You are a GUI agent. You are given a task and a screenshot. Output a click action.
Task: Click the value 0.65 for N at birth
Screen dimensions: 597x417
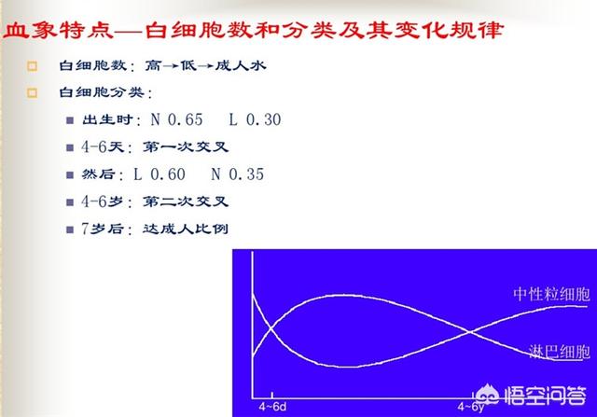186,119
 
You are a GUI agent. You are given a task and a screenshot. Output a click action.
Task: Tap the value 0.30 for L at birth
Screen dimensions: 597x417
264,119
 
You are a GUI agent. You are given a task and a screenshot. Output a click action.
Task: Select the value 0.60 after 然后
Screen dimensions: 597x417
168,174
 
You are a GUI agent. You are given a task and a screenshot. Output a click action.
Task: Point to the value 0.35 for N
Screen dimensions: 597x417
246,174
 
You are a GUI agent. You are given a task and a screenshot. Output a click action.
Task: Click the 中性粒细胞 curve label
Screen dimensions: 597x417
551,295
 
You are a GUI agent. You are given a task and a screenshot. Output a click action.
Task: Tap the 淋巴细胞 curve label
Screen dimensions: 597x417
560,352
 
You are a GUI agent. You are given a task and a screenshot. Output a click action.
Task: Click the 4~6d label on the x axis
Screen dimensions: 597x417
272,407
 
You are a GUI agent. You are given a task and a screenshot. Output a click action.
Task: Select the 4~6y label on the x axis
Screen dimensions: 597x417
471,407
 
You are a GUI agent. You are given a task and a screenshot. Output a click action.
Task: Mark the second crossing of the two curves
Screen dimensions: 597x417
470,332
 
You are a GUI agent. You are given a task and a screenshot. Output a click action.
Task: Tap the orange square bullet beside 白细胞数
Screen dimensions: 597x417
32,66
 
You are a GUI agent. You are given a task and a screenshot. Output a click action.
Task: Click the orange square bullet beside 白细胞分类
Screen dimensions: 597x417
32,93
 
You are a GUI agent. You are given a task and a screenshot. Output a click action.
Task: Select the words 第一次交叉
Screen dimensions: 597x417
186,147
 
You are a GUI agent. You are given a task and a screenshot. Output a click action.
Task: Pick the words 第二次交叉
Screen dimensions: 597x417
186,202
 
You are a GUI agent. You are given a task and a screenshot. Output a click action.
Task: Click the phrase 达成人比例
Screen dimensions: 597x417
186,229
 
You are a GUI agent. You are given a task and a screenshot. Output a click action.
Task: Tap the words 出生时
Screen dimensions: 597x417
108,119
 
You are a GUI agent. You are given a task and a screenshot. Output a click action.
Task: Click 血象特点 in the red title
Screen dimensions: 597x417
58,31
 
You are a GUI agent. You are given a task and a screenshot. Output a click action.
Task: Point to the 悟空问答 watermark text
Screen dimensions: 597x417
545,396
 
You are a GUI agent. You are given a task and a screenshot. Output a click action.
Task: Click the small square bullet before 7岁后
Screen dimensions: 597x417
70,229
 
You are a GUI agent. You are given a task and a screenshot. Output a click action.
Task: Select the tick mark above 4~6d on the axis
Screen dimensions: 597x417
271,395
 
